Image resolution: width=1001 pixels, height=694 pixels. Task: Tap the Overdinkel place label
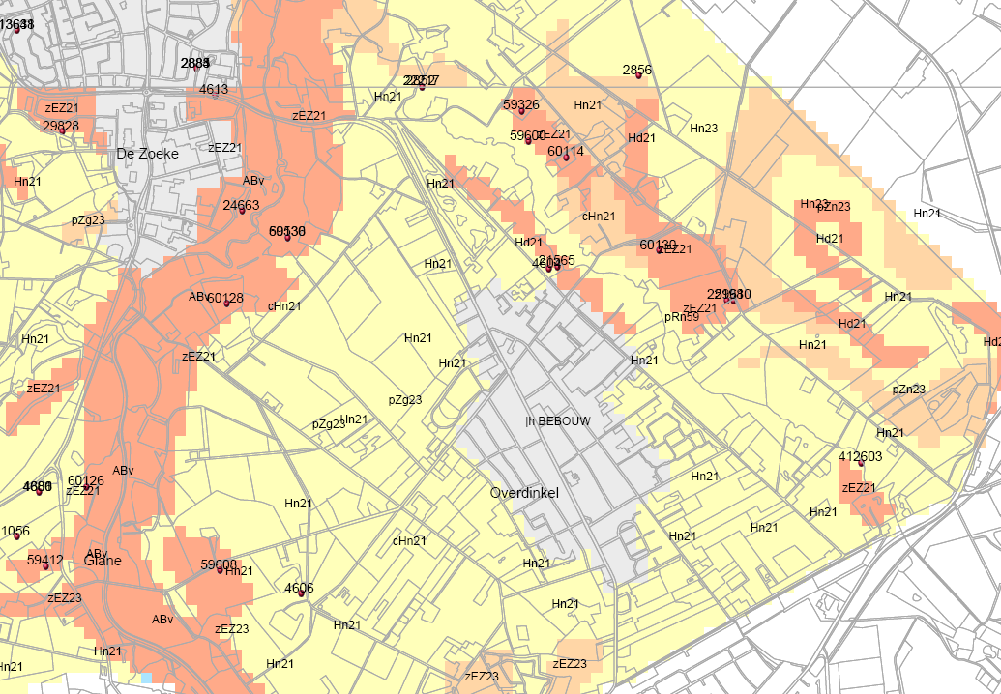(x=525, y=493)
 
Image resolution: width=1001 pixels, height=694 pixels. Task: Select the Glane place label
(x=103, y=561)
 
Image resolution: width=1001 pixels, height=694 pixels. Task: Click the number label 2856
(x=637, y=70)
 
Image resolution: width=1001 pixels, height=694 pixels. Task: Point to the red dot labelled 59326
(x=521, y=113)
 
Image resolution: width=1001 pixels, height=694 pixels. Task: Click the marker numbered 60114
(x=566, y=159)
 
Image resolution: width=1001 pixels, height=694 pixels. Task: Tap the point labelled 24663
(x=242, y=212)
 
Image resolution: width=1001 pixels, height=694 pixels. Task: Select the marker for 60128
(x=226, y=304)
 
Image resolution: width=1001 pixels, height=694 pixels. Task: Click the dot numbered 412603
(x=861, y=464)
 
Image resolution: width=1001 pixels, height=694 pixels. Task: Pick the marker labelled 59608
(x=221, y=571)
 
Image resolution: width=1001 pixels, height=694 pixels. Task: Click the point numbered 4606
(x=301, y=594)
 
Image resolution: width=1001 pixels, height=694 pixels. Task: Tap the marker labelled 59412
(x=45, y=566)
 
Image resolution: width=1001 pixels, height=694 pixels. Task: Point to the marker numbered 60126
(x=87, y=488)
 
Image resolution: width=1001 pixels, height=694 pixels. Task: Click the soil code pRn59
(x=682, y=317)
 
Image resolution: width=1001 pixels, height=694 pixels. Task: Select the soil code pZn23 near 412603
(x=909, y=390)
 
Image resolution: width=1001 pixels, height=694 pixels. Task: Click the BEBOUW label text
(x=563, y=421)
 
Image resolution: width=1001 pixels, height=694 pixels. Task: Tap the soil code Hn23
(x=704, y=129)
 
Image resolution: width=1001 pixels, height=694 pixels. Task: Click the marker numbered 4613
(x=215, y=96)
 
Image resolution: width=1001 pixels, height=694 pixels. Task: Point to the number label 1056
(x=15, y=532)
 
